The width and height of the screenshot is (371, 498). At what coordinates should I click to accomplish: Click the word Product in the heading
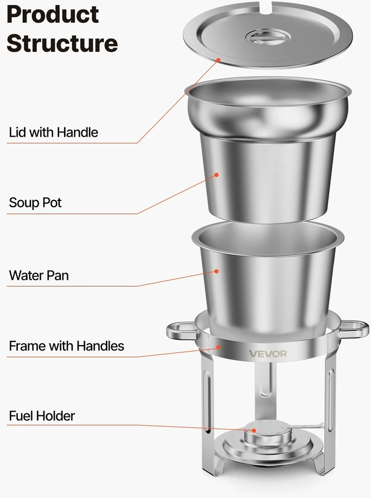point(53,15)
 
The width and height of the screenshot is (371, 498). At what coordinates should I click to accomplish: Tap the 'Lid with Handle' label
point(53,132)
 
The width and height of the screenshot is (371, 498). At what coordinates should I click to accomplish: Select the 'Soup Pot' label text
point(35,203)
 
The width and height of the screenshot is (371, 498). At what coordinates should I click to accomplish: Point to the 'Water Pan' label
point(39,275)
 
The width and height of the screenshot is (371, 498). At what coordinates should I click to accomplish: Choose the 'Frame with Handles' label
point(66,346)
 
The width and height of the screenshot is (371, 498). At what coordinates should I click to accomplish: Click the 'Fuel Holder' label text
point(42,416)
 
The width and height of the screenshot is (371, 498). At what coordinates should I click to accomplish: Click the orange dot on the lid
point(218,60)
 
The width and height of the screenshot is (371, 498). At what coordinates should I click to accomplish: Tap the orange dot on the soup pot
point(217,174)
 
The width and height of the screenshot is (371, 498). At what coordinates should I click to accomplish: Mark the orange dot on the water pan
point(217,271)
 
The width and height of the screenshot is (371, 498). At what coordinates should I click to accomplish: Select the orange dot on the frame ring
point(218,347)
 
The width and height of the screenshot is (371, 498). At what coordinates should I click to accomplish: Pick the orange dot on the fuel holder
point(253,430)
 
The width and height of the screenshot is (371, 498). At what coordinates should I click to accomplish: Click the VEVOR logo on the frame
point(268,353)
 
